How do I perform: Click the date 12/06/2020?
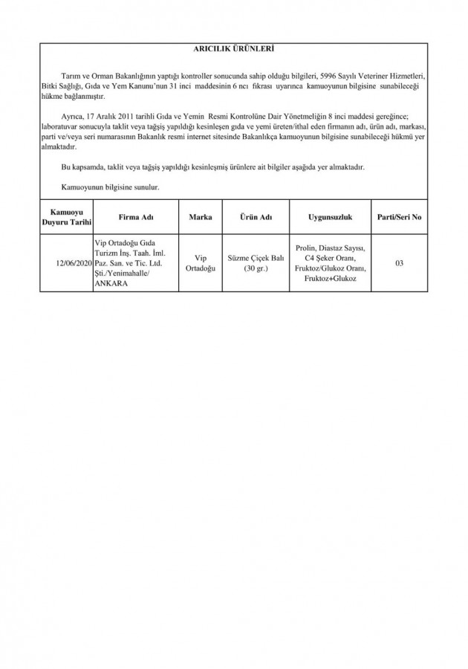point(74,262)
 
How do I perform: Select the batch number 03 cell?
point(399,262)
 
